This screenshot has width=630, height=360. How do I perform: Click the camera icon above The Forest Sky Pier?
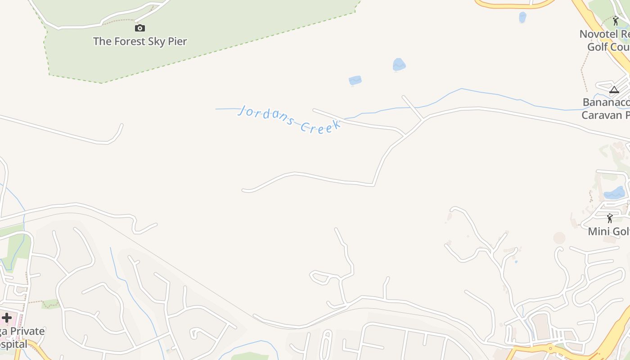(x=140, y=28)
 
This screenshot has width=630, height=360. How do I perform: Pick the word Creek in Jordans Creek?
(x=320, y=126)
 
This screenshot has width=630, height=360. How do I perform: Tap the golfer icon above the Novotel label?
(x=616, y=21)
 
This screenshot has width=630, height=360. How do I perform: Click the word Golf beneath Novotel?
(x=598, y=47)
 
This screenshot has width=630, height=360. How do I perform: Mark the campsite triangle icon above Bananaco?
(x=614, y=90)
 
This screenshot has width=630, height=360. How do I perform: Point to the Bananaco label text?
(x=606, y=102)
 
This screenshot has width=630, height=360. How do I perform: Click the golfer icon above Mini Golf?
(x=610, y=218)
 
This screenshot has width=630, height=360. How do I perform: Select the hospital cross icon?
(x=6, y=318)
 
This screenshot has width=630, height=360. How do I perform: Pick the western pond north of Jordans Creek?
(x=355, y=81)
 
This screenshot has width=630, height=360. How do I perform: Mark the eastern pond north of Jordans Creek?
(x=399, y=65)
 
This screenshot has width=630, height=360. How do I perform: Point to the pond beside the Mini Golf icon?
(x=615, y=193)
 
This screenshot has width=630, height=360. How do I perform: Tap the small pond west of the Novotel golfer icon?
(x=522, y=17)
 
